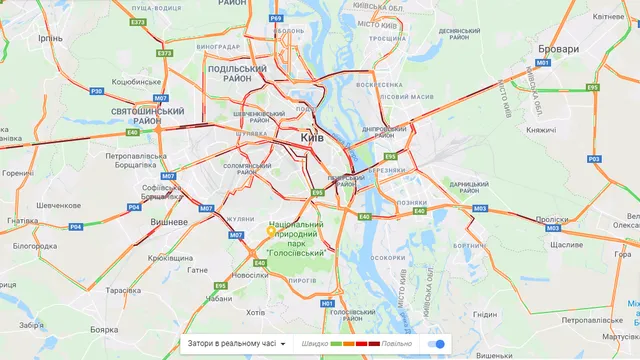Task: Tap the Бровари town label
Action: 557,49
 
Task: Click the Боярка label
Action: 104,329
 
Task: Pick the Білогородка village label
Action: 35,245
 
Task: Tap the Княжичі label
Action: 546,129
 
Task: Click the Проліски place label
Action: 551,219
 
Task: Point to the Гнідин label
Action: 485,314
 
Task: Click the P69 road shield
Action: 276,18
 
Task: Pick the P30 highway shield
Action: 96,91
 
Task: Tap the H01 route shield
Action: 326,302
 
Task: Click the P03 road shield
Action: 593,159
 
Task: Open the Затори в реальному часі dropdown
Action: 236,344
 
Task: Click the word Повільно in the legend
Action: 396,344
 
